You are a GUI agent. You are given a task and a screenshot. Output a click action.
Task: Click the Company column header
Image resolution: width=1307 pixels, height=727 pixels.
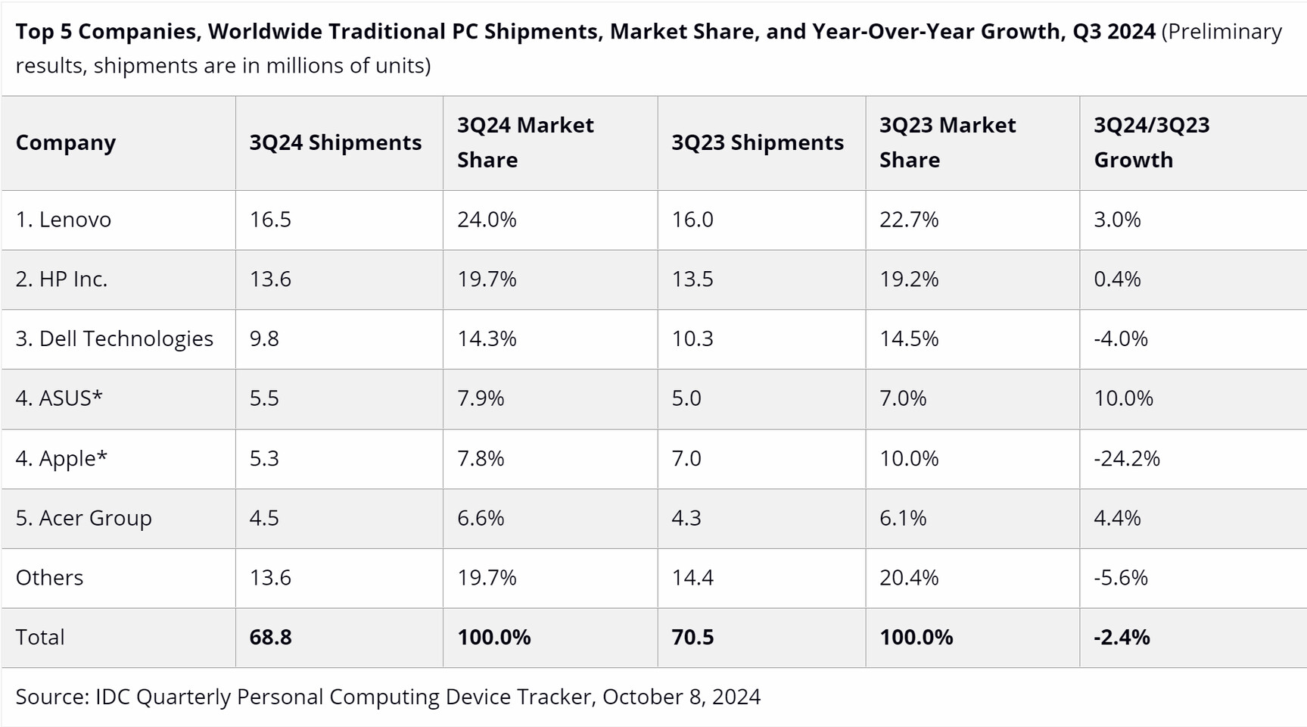click(x=66, y=142)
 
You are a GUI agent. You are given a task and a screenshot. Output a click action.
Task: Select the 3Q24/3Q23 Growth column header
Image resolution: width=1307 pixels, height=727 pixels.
click(x=1151, y=142)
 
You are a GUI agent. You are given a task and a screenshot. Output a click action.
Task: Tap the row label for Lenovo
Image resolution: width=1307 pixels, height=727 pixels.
click(x=64, y=220)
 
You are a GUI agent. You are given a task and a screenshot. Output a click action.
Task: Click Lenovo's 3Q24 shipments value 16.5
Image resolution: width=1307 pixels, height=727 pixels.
click(x=270, y=220)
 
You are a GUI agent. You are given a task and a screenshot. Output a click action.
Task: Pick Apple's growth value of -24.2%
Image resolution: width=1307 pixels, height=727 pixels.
click(x=1126, y=458)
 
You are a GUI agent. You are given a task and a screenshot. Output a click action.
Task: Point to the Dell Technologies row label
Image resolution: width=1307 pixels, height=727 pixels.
click(x=114, y=339)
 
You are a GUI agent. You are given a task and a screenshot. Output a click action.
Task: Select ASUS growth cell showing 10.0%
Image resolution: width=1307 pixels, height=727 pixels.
click(x=1123, y=398)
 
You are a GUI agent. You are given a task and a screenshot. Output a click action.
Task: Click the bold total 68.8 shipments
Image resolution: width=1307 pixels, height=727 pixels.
click(x=270, y=637)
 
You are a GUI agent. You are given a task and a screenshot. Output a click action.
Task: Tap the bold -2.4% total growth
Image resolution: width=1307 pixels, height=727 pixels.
click(x=1121, y=637)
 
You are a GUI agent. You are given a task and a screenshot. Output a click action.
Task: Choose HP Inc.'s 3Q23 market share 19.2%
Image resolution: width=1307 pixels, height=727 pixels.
click(x=908, y=279)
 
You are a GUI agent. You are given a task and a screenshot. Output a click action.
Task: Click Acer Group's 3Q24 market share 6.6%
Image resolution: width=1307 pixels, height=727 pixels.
click(x=481, y=518)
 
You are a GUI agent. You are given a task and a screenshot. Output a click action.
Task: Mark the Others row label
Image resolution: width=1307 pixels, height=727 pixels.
click(x=49, y=577)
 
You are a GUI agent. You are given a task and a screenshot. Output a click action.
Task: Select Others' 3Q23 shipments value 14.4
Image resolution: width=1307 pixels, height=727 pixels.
click(x=692, y=577)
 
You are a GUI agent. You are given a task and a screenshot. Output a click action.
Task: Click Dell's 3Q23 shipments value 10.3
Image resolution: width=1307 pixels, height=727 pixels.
click(x=692, y=339)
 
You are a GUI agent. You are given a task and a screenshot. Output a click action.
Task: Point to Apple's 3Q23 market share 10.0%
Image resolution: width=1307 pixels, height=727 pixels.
click(x=908, y=458)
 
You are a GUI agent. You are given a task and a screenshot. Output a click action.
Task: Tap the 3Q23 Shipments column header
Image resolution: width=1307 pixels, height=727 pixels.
click(x=757, y=142)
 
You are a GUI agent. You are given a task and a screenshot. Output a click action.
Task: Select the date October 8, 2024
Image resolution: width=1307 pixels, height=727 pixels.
click(x=681, y=697)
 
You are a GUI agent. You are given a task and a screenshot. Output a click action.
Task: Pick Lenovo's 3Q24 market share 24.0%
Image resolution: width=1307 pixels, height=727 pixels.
click(x=487, y=220)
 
